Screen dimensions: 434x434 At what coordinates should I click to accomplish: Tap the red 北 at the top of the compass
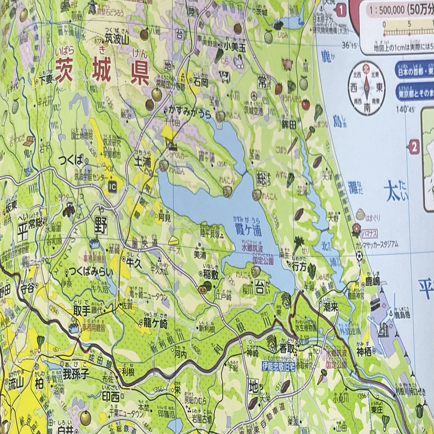pyautogui.click(x=366, y=69)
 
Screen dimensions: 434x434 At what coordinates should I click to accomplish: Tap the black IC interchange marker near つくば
pyautogui.click(x=112, y=186)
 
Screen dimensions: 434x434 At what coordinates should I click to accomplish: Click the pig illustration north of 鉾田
pyautogui.click(x=287, y=64)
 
